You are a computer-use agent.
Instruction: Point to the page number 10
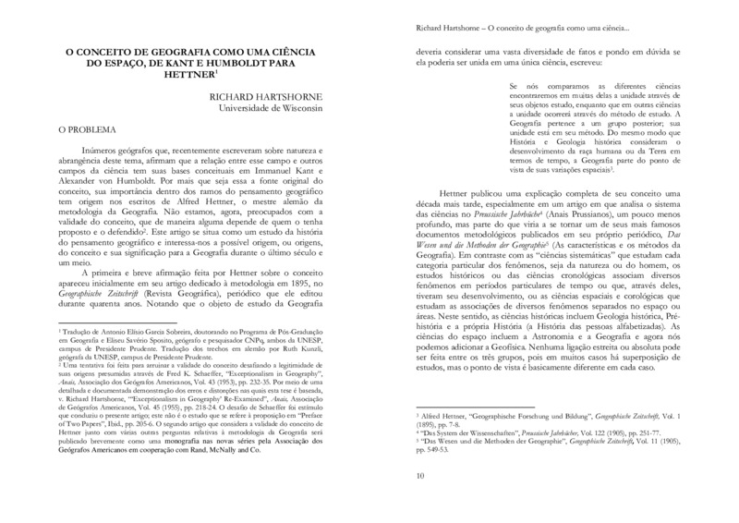click(420, 476)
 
